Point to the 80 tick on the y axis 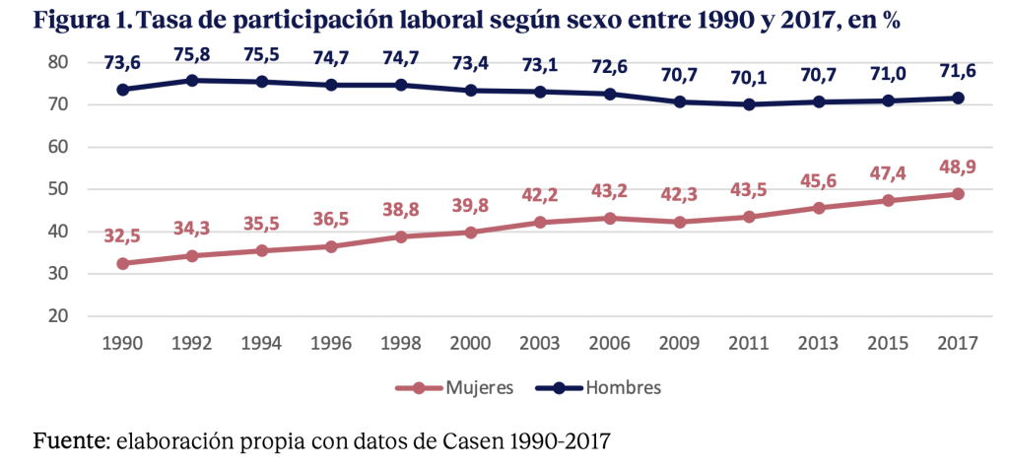point(57,62)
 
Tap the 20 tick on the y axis point(57,316)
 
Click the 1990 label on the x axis point(123,343)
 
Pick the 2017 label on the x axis point(957,343)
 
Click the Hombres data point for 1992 point(192,80)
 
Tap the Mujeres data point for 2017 point(957,194)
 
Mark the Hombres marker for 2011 point(750,104)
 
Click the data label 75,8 point(192,55)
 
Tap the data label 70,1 point(749,79)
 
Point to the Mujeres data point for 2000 point(470,233)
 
